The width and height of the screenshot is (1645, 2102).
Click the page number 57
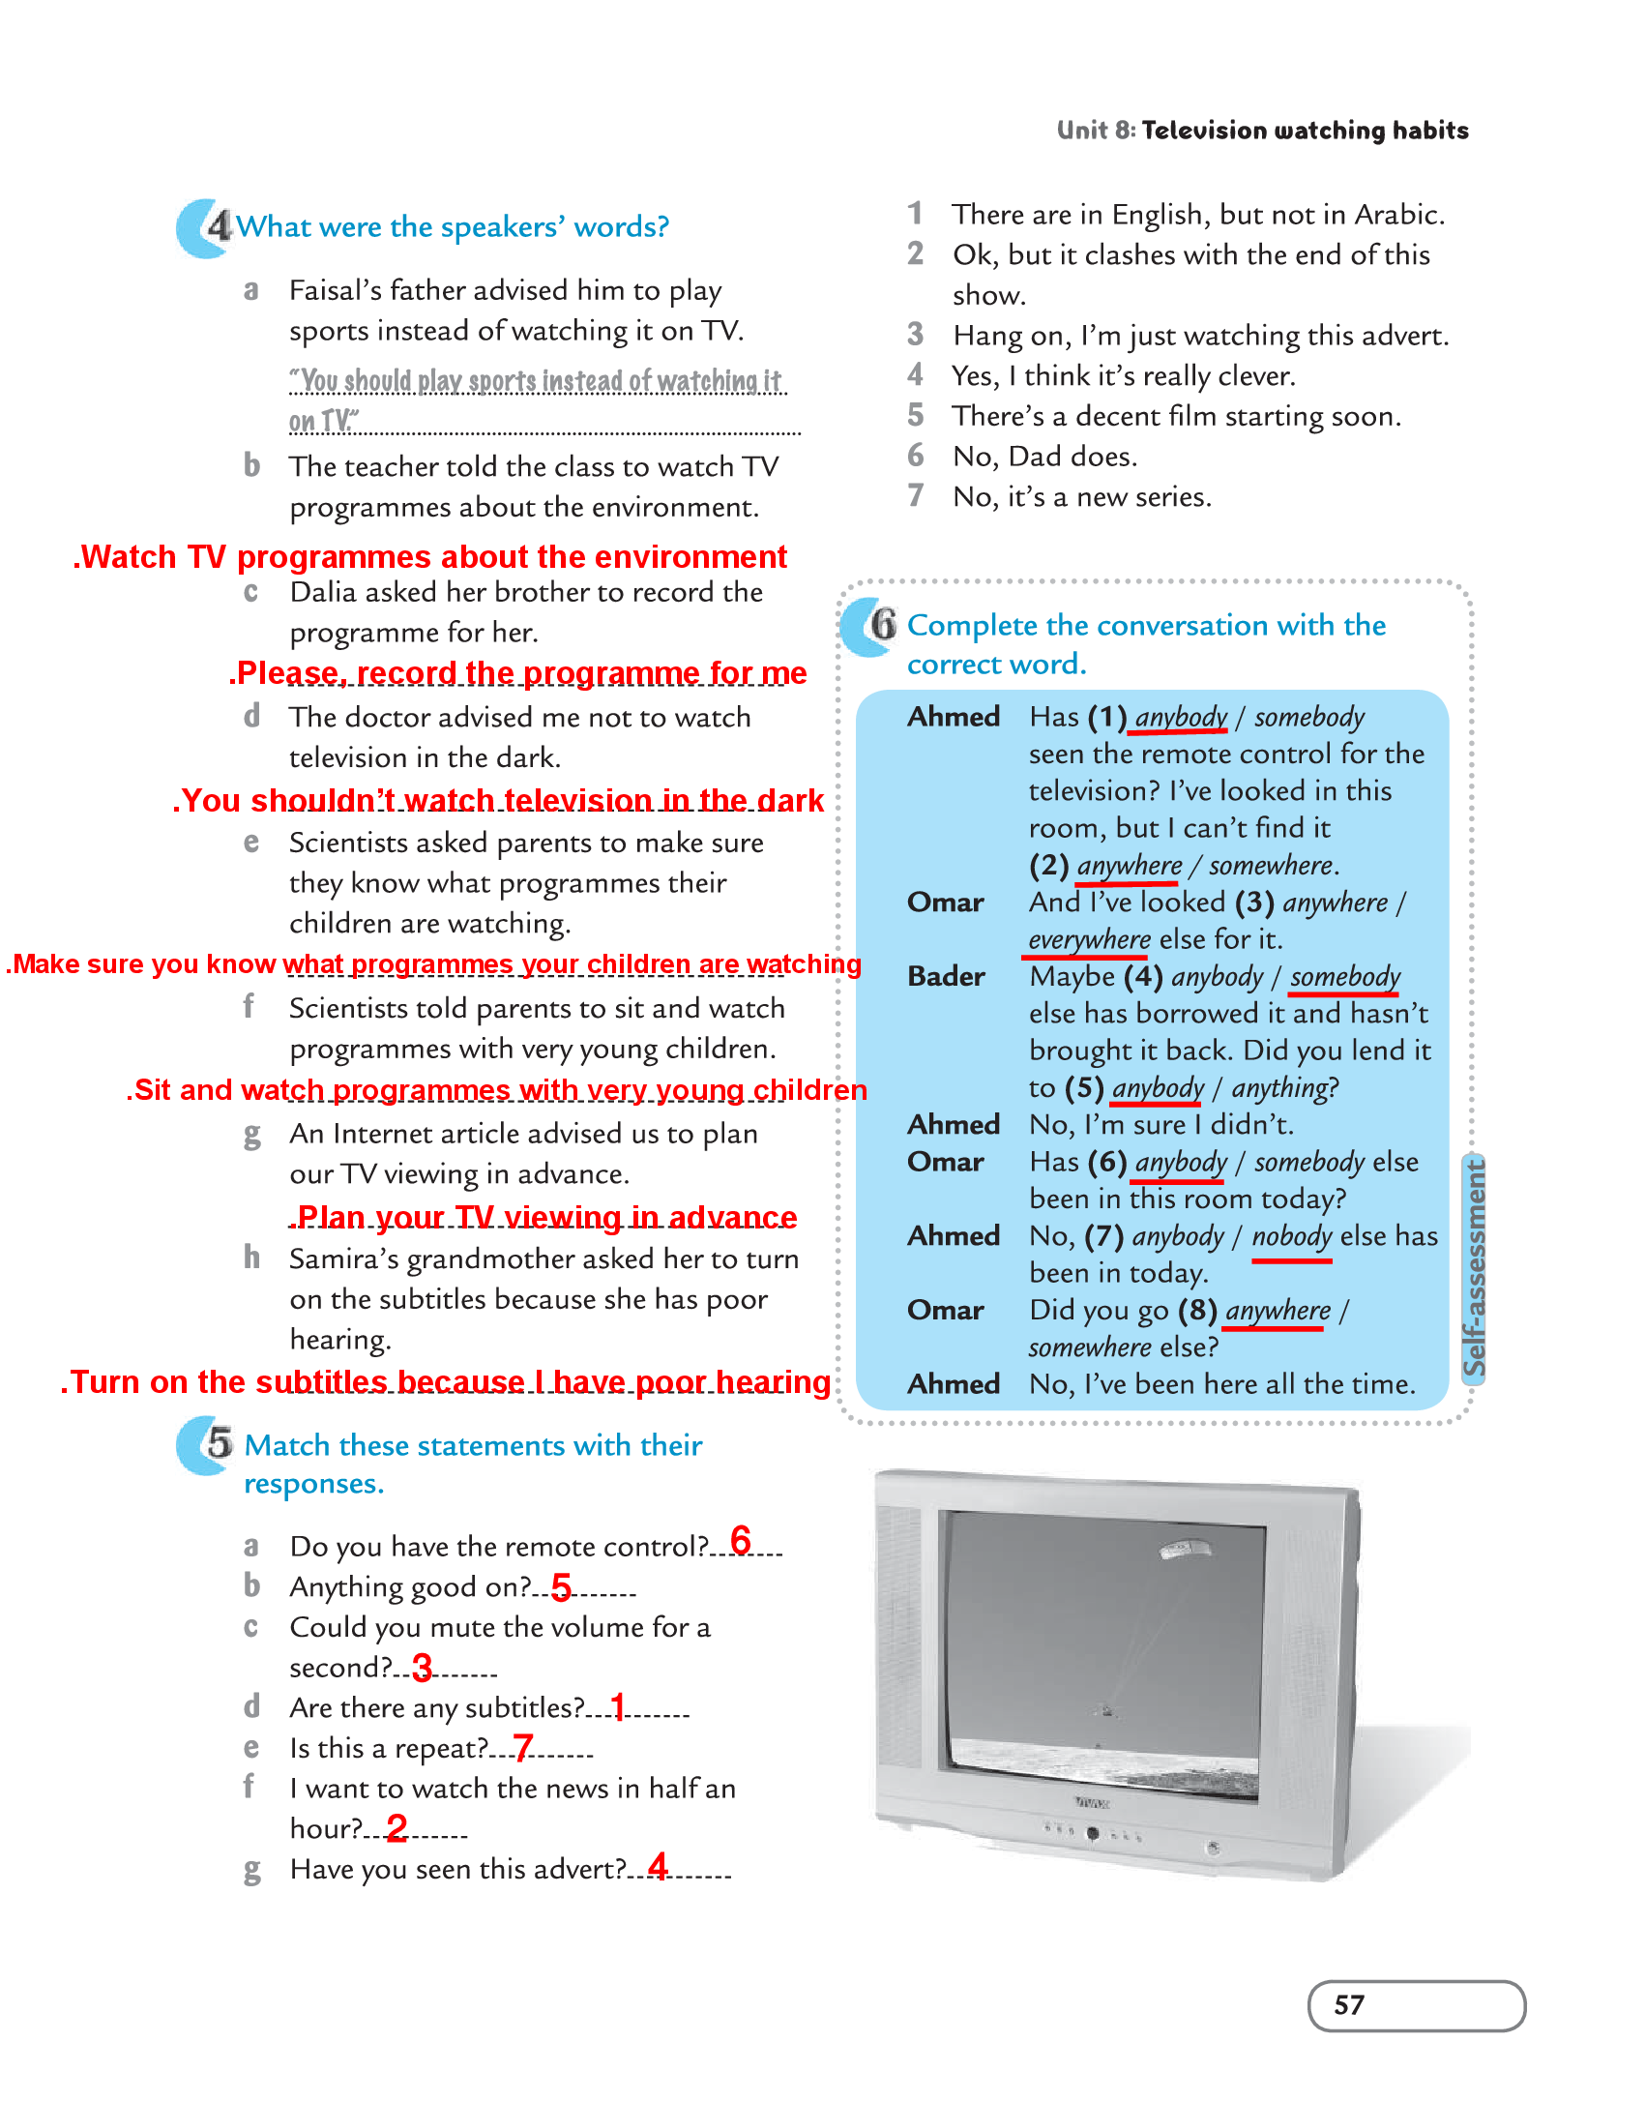tap(1348, 2005)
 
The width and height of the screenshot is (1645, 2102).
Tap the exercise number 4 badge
tap(218, 226)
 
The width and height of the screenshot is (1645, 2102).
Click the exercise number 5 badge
tap(219, 1443)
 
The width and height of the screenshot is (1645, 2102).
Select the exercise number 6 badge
tap(883, 624)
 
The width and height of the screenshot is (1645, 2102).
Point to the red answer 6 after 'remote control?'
tap(741, 1539)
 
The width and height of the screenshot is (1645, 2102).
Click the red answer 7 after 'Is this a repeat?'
tap(522, 1747)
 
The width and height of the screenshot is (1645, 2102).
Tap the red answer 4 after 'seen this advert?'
tap(658, 1865)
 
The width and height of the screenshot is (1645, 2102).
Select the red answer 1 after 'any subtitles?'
tap(617, 1705)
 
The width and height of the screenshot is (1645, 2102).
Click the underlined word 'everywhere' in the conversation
tap(1089, 939)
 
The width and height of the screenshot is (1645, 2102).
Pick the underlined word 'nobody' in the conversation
tap(1292, 1236)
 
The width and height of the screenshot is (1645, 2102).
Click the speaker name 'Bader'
tap(946, 976)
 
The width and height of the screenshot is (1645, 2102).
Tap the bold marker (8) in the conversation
tap(1197, 1310)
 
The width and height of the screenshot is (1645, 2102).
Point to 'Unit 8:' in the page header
tap(1096, 131)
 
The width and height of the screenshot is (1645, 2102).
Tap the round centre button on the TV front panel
tap(1093, 1833)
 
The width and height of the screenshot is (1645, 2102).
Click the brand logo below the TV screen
tap(1093, 1803)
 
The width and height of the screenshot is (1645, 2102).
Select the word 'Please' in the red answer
tap(288, 673)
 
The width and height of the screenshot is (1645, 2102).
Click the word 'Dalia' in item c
tap(326, 592)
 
